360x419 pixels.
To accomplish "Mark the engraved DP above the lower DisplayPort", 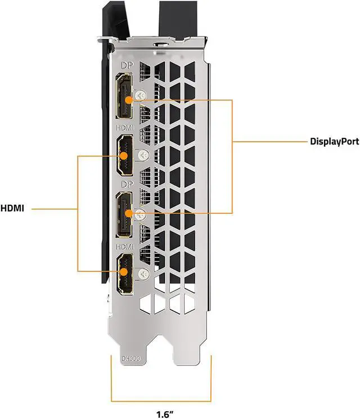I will tap(123, 184).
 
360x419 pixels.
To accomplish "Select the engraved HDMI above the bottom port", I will tap(124, 246).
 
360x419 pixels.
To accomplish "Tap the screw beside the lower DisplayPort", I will tap(141, 214).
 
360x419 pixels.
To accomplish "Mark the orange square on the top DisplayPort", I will tap(129, 100).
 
